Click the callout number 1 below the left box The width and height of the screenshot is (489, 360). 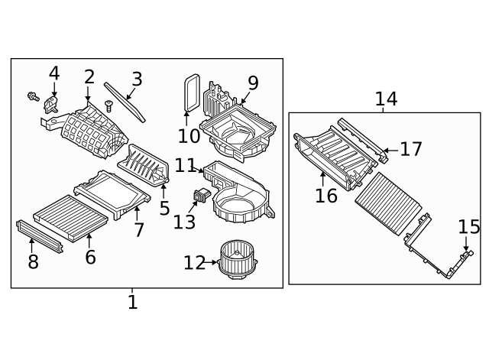(x=132, y=302)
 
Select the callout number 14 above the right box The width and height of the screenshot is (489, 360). (x=385, y=99)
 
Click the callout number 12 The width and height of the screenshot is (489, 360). (x=194, y=263)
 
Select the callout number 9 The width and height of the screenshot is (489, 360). (x=253, y=83)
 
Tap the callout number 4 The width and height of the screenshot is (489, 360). (x=53, y=73)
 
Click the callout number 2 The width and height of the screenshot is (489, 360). (x=89, y=76)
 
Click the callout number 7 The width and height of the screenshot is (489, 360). (x=138, y=229)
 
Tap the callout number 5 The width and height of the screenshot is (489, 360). (x=164, y=207)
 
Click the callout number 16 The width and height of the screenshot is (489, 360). (x=326, y=196)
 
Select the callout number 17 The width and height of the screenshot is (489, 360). (x=410, y=149)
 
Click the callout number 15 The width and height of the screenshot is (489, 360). (x=469, y=227)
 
